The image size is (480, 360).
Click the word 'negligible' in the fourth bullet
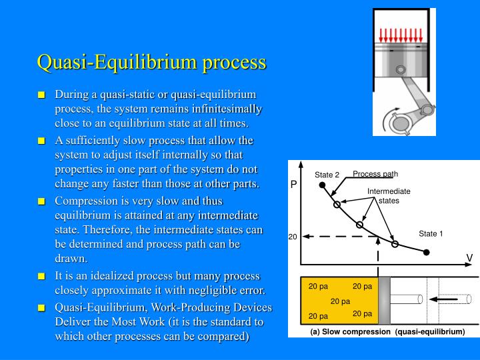click(x=193, y=290)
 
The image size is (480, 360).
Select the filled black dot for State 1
click(x=427, y=252)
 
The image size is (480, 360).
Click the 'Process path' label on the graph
click(x=375, y=174)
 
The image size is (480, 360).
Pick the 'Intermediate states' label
click(x=389, y=196)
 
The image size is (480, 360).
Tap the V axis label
click(x=469, y=257)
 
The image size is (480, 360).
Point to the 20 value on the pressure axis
click(x=292, y=237)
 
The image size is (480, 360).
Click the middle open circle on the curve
click(x=360, y=225)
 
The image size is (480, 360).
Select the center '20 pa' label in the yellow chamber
click(x=340, y=301)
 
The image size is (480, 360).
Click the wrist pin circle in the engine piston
click(x=400, y=70)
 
